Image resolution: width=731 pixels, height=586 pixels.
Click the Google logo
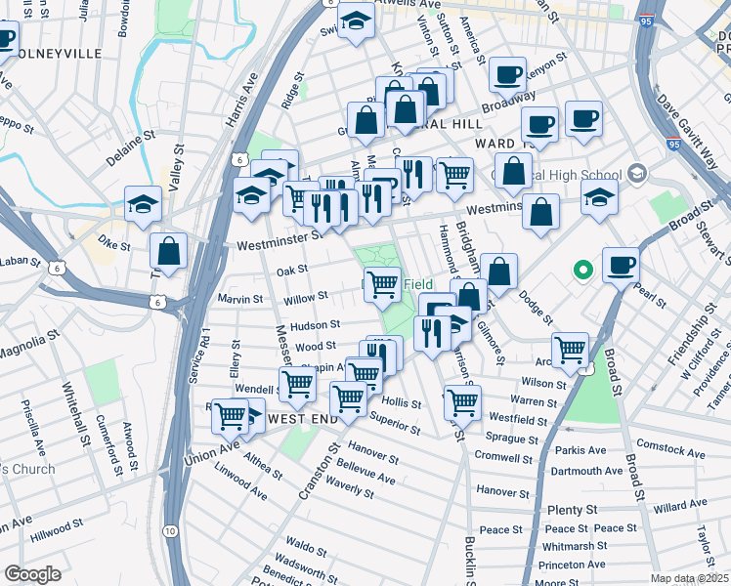32,574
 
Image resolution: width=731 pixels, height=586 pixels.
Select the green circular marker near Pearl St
583,269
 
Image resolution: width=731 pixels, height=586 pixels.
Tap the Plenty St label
573,510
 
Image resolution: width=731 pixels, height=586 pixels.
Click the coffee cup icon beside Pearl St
622,266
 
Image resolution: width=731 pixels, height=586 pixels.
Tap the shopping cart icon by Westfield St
462,401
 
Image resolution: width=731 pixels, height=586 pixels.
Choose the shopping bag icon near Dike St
169,251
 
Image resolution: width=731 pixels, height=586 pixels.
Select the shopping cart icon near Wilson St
570,350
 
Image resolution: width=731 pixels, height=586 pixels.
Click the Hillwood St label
56,531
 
